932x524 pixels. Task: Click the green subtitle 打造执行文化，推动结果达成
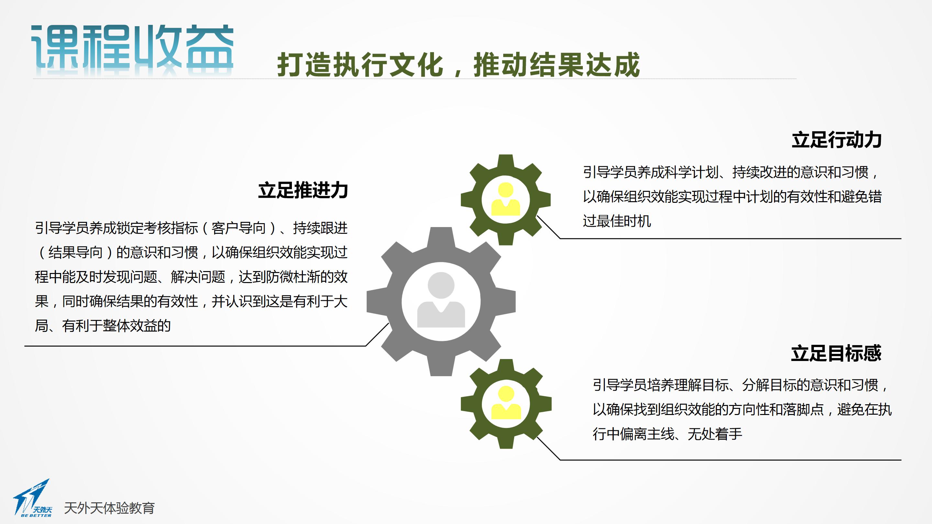[459, 65]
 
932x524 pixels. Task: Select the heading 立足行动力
[837, 140]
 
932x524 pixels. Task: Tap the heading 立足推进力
[303, 190]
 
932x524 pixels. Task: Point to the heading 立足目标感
[836, 353]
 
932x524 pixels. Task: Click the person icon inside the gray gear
[441, 300]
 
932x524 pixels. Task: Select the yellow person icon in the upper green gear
[505, 199]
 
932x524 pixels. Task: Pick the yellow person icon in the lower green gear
[506, 402]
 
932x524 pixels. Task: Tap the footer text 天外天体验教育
[109, 508]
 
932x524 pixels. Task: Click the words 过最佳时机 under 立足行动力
[617, 221]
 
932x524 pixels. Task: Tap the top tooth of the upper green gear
[505, 161]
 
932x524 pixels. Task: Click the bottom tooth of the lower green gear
[506, 442]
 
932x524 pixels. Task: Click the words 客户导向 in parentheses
[239, 228]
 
